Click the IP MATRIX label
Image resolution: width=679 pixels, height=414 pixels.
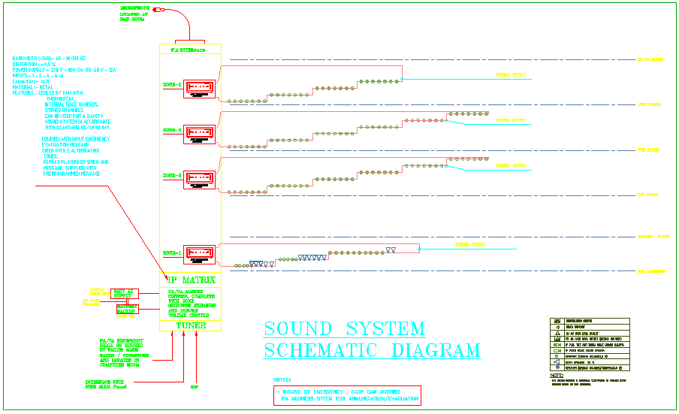click(x=191, y=280)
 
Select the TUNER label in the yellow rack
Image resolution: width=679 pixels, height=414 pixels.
click(x=191, y=326)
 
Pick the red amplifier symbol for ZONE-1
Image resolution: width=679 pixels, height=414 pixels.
click(x=199, y=254)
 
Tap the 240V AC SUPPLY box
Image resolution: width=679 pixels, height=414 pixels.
click(x=124, y=293)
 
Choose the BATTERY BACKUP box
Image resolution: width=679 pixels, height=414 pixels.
click(x=127, y=308)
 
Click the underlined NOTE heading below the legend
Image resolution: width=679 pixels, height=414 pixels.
click(x=556, y=376)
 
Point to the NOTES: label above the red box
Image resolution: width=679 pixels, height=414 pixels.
click(x=282, y=381)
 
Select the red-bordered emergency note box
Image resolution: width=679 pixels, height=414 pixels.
click(x=347, y=395)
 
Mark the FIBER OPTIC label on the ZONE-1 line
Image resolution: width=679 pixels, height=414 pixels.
click(x=469, y=245)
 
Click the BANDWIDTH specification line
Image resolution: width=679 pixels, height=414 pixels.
click(x=49, y=58)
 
